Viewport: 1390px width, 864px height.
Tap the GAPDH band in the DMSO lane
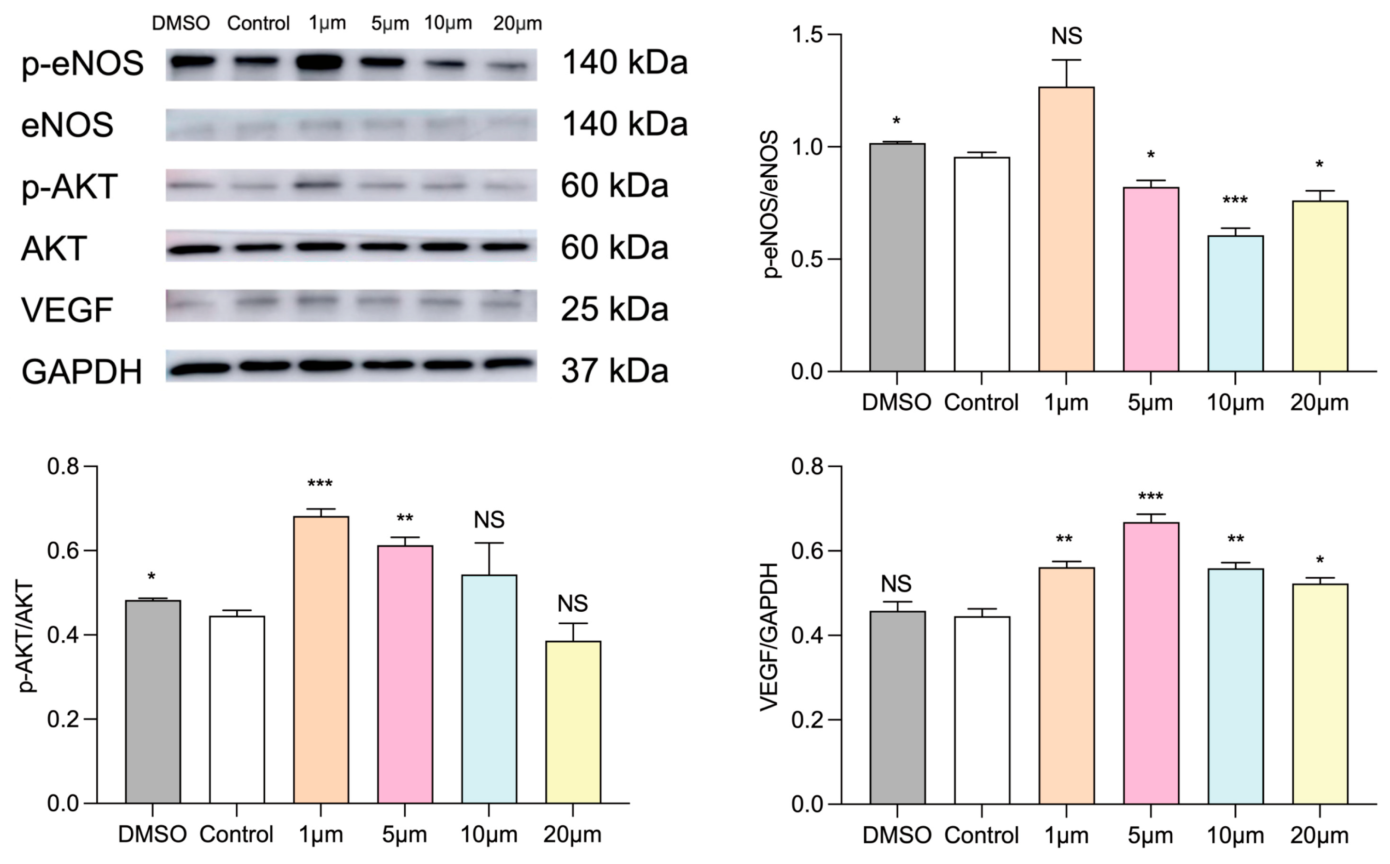pyautogui.click(x=198, y=369)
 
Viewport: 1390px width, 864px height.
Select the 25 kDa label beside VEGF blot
pyautogui.click(x=614, y=310)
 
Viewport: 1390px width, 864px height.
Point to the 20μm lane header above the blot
pyautogui.click(x=517, y=23)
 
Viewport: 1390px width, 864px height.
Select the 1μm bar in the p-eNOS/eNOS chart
pyautogui.click(x=1066, y=229)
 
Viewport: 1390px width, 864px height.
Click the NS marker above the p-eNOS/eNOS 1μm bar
pyautogui.click(x=1066, y=36)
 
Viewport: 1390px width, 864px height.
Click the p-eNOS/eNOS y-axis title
pyautogui.click(x=771, y=204)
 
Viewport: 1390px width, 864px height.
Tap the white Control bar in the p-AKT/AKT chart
pyautogui.click(x=237, y=708)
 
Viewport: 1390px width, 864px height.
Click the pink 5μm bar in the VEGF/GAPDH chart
pyautogui.click(x=1151, y=663)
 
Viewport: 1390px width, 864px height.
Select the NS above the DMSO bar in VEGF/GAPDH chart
pyautogui.click(x=896, y=584)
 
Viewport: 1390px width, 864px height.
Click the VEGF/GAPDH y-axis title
pyautogui.click(x=769, y=637)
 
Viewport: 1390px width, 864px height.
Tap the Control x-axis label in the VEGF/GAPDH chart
pyautogui.click(x=981, y=835)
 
